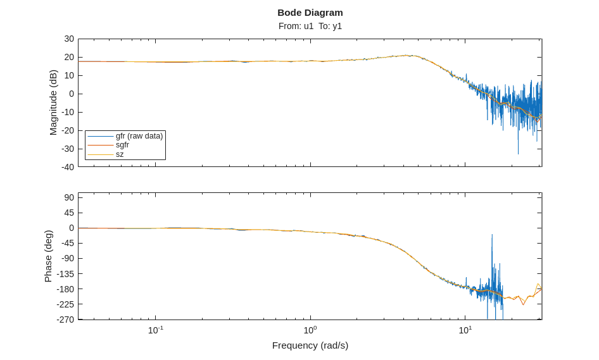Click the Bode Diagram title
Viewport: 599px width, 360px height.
[310, 13]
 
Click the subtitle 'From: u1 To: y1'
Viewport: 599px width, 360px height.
[310, 26]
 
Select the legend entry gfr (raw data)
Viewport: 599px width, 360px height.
[139, 136]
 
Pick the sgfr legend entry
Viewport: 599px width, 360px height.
[122, 145]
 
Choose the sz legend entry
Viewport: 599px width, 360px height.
[120, 154]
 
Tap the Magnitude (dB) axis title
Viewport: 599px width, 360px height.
[53, 102]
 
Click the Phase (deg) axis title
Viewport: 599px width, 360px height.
[48, 256]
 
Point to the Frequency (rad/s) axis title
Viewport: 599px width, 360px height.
[310, 345]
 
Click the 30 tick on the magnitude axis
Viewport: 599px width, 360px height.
[69, 39]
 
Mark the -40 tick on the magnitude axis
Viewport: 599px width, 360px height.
[68, 167]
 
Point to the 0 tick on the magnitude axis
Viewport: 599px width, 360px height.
[72, 94]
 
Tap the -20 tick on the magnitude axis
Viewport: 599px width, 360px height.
[68, 130]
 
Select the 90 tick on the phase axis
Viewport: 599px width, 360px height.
[69, 197]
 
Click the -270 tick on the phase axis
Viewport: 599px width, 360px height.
[66, 320]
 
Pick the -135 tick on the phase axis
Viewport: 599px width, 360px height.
[66, 274]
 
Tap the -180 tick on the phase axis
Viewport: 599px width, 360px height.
[66, 289]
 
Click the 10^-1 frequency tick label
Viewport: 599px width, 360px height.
[156, 330]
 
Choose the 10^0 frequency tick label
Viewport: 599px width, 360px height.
[310, 330]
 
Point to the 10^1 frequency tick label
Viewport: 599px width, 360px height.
[465, 330]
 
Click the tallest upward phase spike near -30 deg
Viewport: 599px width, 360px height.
[492, 235]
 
